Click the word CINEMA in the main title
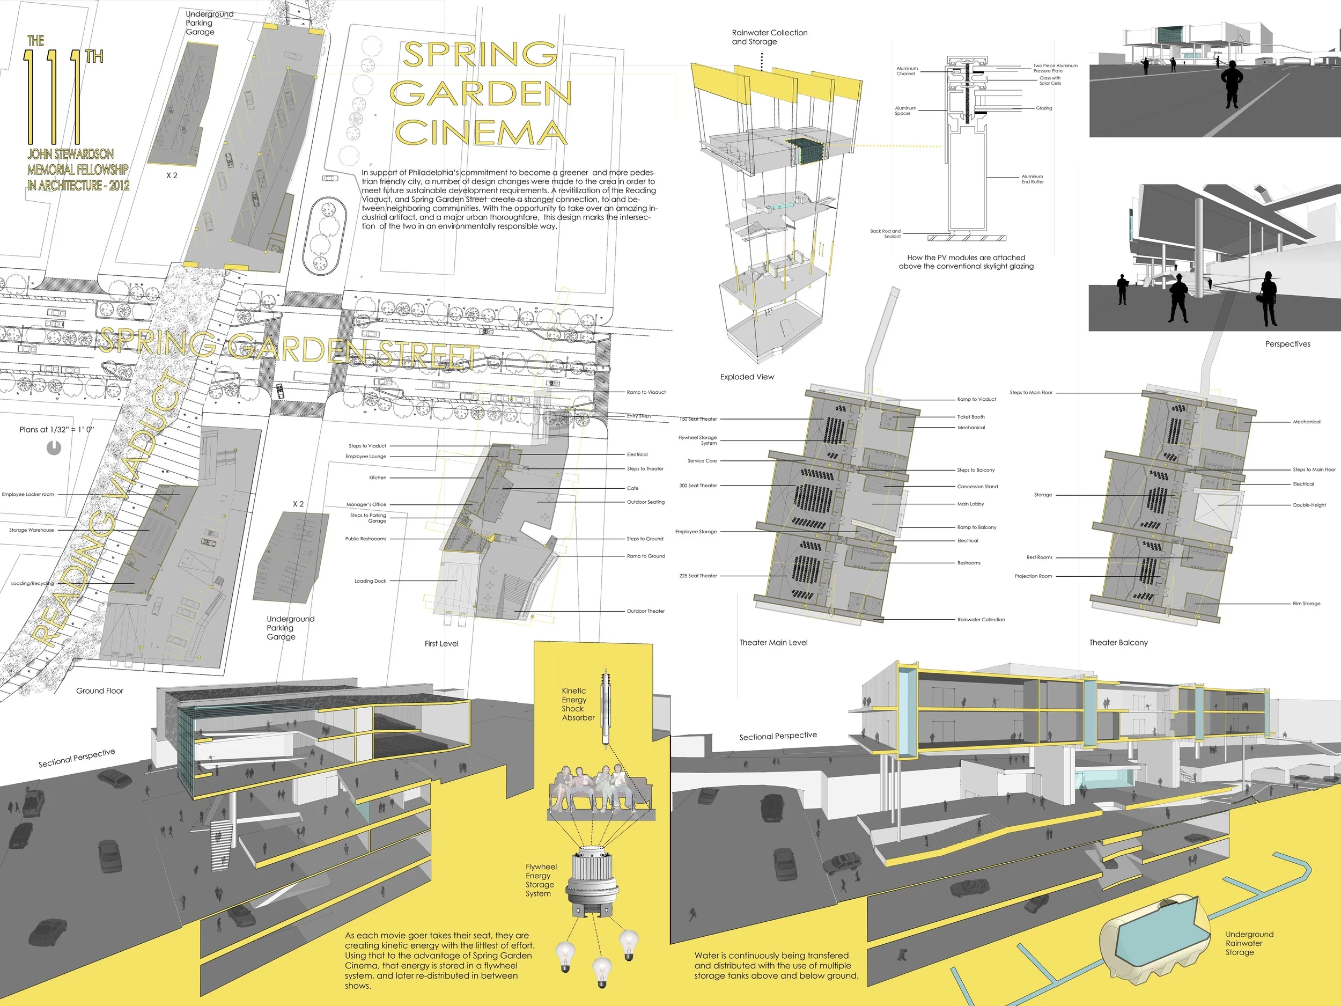tap(481, 132)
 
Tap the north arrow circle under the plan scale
tap(54, 448)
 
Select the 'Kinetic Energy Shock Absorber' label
tap(578, 704)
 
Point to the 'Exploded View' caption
tap(747, 377)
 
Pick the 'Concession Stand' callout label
tap(977, 486)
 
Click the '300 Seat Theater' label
tap(698, 486)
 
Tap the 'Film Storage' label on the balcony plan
tap(1307, 604)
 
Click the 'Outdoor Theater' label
tap(646, 611)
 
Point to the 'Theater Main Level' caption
tap(773, 642)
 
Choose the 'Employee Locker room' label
tap(28, 494)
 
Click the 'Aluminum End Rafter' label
tap(1033, 179)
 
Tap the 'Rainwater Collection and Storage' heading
tap(769, 37)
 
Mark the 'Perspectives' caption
tap(1287, 344)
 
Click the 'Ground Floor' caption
tap(99, 691)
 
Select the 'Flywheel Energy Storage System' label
tap(540, 880)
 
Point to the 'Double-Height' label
tap(1309, 504)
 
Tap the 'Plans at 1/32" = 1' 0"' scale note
tap(56, 429)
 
